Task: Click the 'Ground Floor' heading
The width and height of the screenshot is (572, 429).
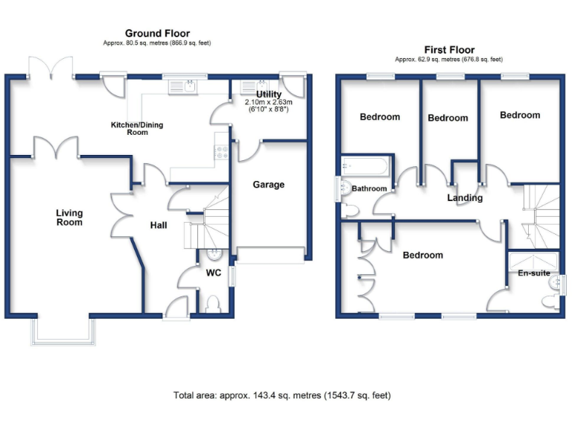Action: pos(157,33)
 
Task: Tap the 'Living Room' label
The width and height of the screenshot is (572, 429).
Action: pos(69,217)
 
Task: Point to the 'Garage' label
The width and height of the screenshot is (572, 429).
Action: pos(268,185)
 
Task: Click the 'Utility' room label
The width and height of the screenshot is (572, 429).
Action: pos(269,95)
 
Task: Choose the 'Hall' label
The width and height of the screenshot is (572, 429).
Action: pos(159,226)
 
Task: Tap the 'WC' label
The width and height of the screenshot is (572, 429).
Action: pos(214,273)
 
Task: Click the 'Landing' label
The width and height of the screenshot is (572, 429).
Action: pos(465,198)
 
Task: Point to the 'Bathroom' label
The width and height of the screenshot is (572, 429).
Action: pos(369,188)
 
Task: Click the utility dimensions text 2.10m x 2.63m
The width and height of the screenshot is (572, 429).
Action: pos(270,103)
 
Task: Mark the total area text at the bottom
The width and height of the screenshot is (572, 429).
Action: pos(282,395)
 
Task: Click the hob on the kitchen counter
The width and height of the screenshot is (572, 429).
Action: pos(221,152)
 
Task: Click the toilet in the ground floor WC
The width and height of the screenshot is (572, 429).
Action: pos(214,303)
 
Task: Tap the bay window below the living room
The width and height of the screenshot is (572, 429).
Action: pos(63,331)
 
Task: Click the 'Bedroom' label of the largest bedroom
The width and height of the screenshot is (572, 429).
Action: pos(422,255)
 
